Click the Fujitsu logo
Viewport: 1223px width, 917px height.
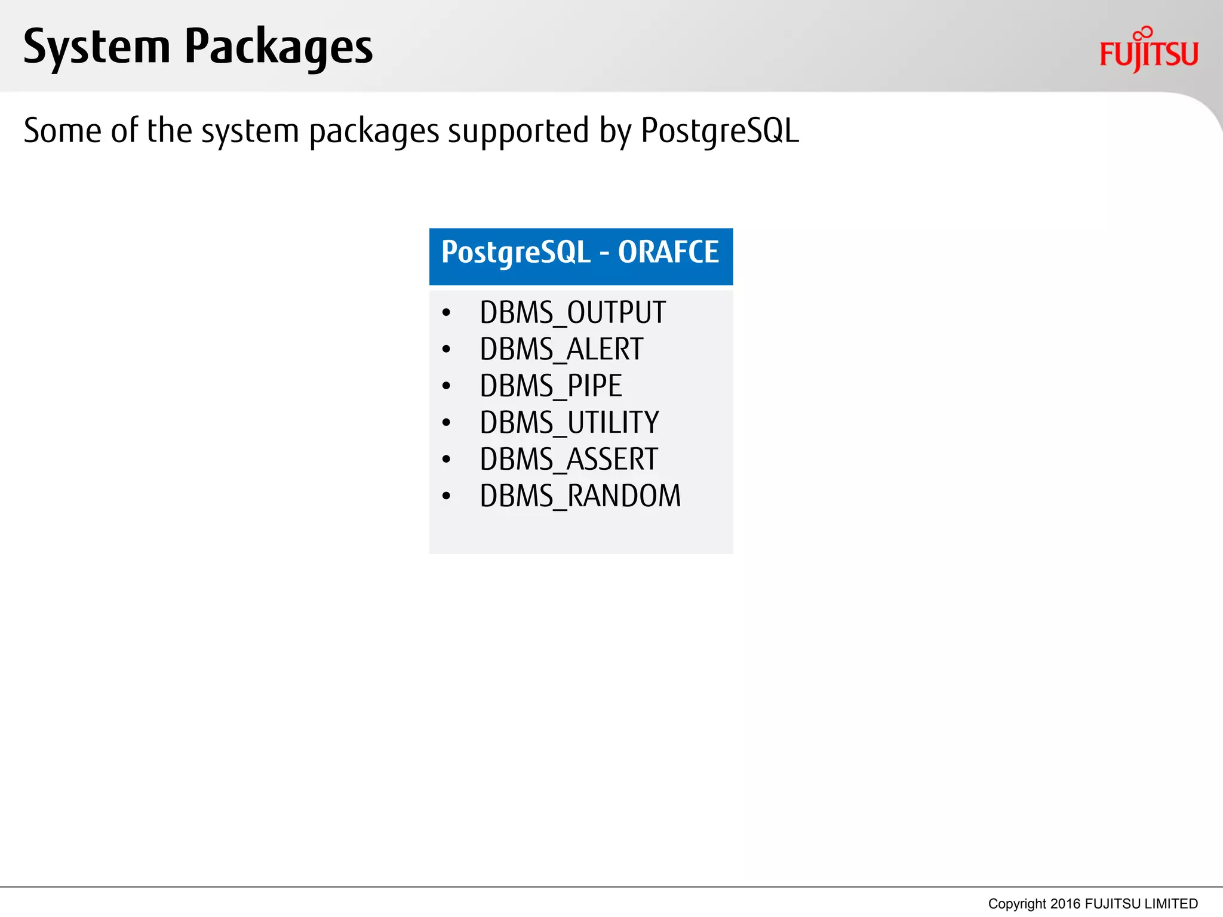point(1148,51)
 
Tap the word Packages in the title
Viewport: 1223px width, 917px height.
point(278,48)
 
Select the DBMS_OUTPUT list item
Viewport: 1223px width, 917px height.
point(572,313)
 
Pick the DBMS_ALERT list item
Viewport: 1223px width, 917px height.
point(561,349)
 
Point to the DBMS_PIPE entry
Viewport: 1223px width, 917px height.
point(551,386)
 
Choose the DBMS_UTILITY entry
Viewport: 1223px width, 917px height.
point(569,423)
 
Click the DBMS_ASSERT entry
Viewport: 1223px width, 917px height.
point(569,460)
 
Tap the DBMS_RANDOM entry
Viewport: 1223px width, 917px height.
point(580,496)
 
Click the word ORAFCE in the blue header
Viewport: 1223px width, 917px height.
point(668,252)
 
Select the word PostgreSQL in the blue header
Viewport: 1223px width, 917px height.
point(516,253)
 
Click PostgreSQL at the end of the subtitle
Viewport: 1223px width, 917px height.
point(720,131)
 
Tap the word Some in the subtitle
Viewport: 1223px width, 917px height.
point(62,131)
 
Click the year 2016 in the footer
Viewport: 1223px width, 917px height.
point(1065,904)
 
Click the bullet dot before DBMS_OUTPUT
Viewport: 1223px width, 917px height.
point(446,313)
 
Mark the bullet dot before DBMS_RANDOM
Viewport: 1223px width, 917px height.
point(446,496)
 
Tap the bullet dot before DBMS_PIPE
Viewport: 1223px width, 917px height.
point(446,386)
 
